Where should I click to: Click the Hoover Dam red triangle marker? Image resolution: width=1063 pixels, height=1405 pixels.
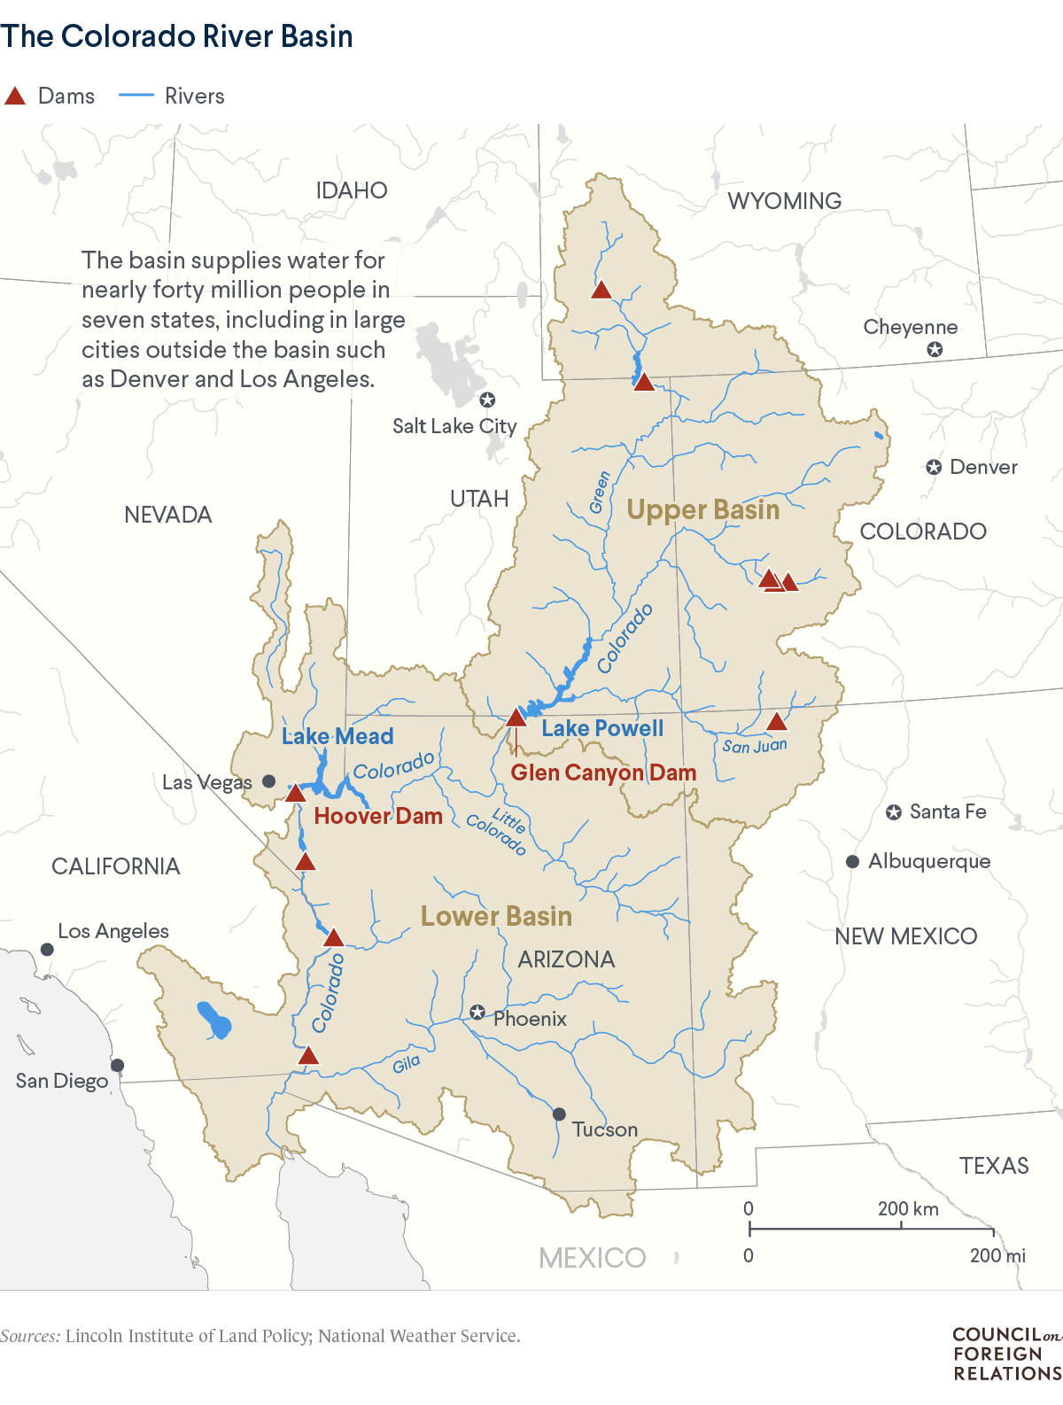click(295, 793)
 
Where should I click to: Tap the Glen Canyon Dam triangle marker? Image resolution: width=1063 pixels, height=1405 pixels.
click(516, 718)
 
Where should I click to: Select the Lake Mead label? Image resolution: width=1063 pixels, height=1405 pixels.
click(338, 736)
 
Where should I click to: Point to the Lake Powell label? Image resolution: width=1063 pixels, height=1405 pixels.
click(602, 728)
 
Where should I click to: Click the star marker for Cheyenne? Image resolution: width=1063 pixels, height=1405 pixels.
click(935, 350)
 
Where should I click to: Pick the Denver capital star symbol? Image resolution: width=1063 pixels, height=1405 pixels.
click(934, 467)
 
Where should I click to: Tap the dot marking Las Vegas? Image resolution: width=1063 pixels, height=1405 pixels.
click(269, 781)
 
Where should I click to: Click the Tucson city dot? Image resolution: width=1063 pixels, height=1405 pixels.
click(559, 1114)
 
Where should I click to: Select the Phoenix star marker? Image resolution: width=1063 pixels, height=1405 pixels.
click(477, 1012)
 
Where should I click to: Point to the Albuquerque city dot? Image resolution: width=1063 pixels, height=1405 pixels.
click(852, 861)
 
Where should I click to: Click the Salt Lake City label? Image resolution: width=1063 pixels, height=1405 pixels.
click(454, 426)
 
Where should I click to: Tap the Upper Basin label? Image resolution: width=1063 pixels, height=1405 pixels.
click(703, 509)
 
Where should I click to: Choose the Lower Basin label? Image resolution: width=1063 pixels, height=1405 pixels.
click(496, 916)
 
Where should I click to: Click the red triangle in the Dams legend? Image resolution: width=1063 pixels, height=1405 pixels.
click(15, 96)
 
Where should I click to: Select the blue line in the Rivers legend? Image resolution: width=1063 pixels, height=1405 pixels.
click(136, 95)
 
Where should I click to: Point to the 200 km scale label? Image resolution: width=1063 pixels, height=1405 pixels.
click(908, 1208)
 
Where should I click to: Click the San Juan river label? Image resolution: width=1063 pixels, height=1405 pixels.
click(754, 746)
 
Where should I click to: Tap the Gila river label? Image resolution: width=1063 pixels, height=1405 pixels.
click(407, 1063)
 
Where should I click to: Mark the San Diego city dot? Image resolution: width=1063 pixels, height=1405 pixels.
click(117, 1065)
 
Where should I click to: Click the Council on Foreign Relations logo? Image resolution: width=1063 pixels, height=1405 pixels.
click(1006, 1354)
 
